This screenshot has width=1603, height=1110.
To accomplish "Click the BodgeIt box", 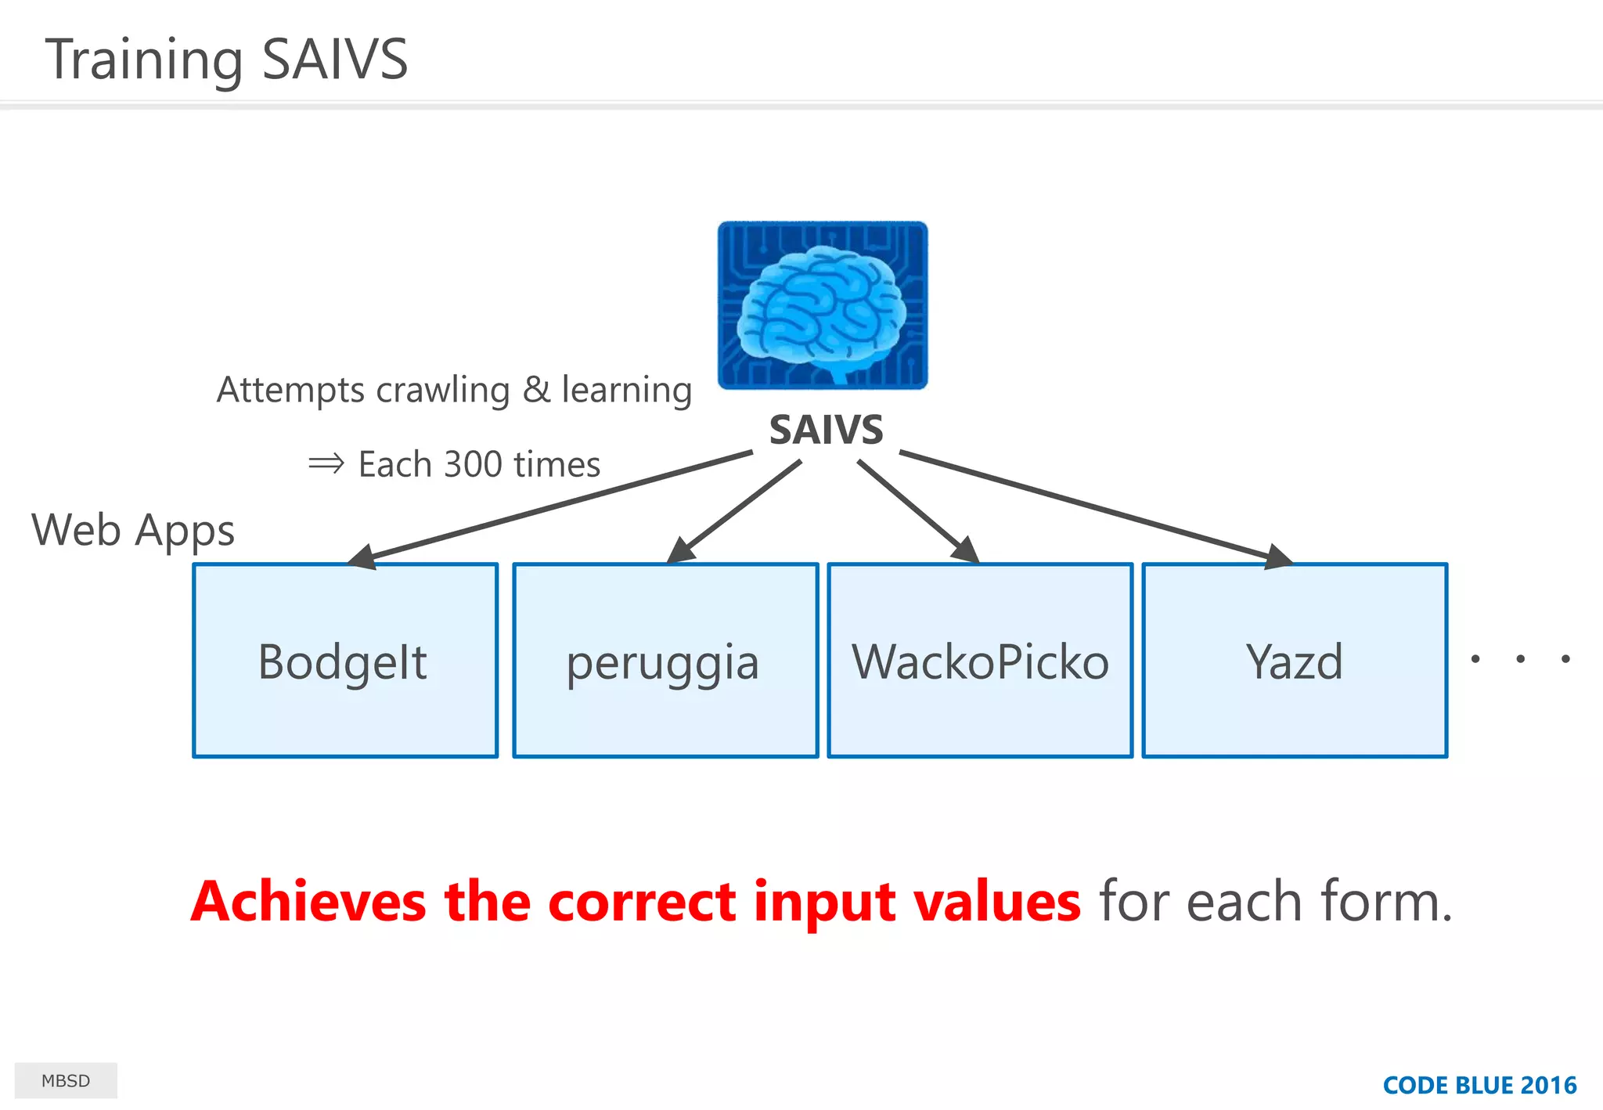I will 345,660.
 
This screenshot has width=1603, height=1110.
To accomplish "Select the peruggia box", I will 665,660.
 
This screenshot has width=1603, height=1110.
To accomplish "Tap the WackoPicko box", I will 980,660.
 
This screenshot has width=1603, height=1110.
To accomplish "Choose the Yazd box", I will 1295,660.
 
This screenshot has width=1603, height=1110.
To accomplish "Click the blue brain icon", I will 823,305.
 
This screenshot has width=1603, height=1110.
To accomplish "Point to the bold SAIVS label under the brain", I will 826,430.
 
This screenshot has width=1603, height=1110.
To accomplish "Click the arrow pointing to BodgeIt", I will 548,506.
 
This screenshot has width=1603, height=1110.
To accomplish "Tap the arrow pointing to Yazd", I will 1096,506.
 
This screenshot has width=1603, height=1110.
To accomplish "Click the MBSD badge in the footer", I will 66,1081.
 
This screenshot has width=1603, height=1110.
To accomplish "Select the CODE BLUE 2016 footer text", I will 1479,1085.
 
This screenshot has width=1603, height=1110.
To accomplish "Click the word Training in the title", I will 144,59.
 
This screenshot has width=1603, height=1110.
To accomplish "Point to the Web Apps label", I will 133,530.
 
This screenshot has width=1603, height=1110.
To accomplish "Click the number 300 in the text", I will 473,464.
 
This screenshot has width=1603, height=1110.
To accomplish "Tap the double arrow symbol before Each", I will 326,463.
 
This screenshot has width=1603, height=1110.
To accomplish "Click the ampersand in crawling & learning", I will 536,390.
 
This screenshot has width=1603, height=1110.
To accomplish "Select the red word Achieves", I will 308,902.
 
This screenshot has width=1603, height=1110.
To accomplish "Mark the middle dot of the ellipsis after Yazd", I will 1520,659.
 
